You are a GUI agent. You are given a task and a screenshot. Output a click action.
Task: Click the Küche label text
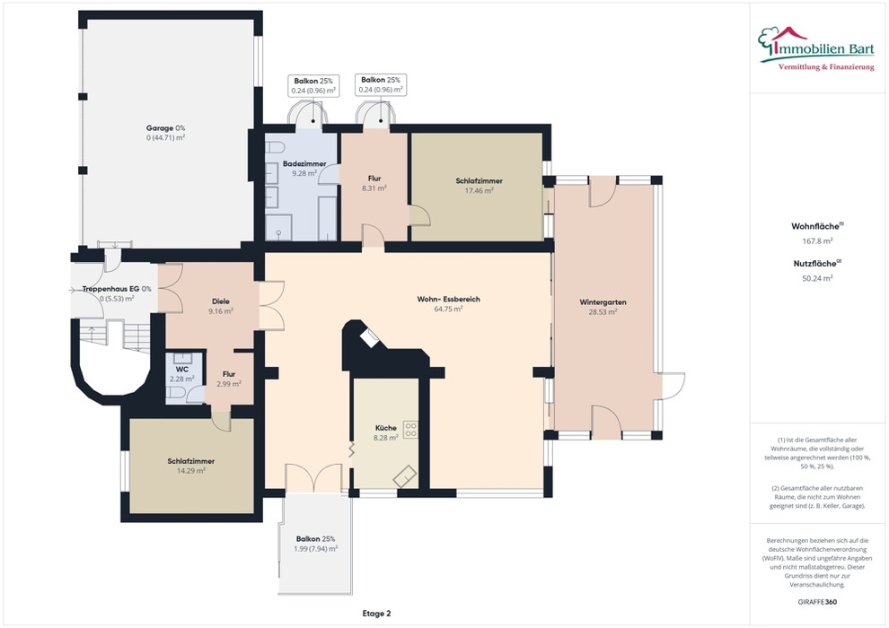(386, 428)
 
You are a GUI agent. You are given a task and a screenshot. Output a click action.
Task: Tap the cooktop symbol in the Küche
(410, 429)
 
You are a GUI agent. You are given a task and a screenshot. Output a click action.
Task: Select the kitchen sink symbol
(405, 476)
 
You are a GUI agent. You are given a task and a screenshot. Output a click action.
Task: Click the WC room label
(182, 370)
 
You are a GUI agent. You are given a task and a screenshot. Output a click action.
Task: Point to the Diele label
(221, 301)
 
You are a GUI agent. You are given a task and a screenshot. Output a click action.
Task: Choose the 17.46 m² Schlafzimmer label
(480, 181)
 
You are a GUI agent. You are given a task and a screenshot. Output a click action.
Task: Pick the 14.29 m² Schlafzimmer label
(191, 461)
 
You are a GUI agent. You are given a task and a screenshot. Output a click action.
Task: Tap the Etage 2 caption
(376, 614)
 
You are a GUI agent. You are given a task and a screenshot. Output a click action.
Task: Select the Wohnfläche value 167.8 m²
(817, 240)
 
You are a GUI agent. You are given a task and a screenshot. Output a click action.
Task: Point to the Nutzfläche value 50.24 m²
(817, 278)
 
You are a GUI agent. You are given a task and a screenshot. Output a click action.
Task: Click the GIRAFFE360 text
(817, 602)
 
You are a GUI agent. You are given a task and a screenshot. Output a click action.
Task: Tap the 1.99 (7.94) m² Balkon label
(316, 549)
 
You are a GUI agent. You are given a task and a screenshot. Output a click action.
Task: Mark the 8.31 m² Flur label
(374, 188)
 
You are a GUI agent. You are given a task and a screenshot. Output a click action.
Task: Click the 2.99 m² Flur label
(229, 384)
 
